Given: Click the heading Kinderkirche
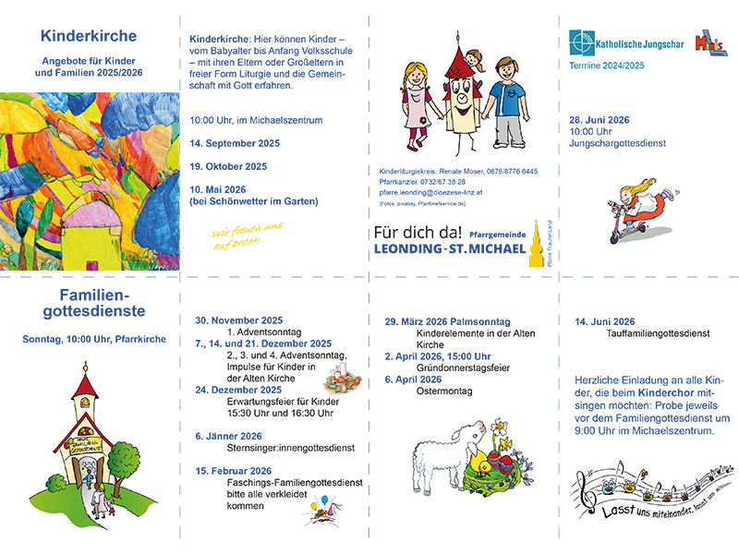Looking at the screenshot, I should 89,37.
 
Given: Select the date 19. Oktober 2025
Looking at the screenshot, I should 228,167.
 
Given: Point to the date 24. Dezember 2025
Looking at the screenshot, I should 238,390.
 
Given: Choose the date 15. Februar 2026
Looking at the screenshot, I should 233,470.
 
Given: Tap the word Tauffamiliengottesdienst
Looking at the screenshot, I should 657,333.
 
